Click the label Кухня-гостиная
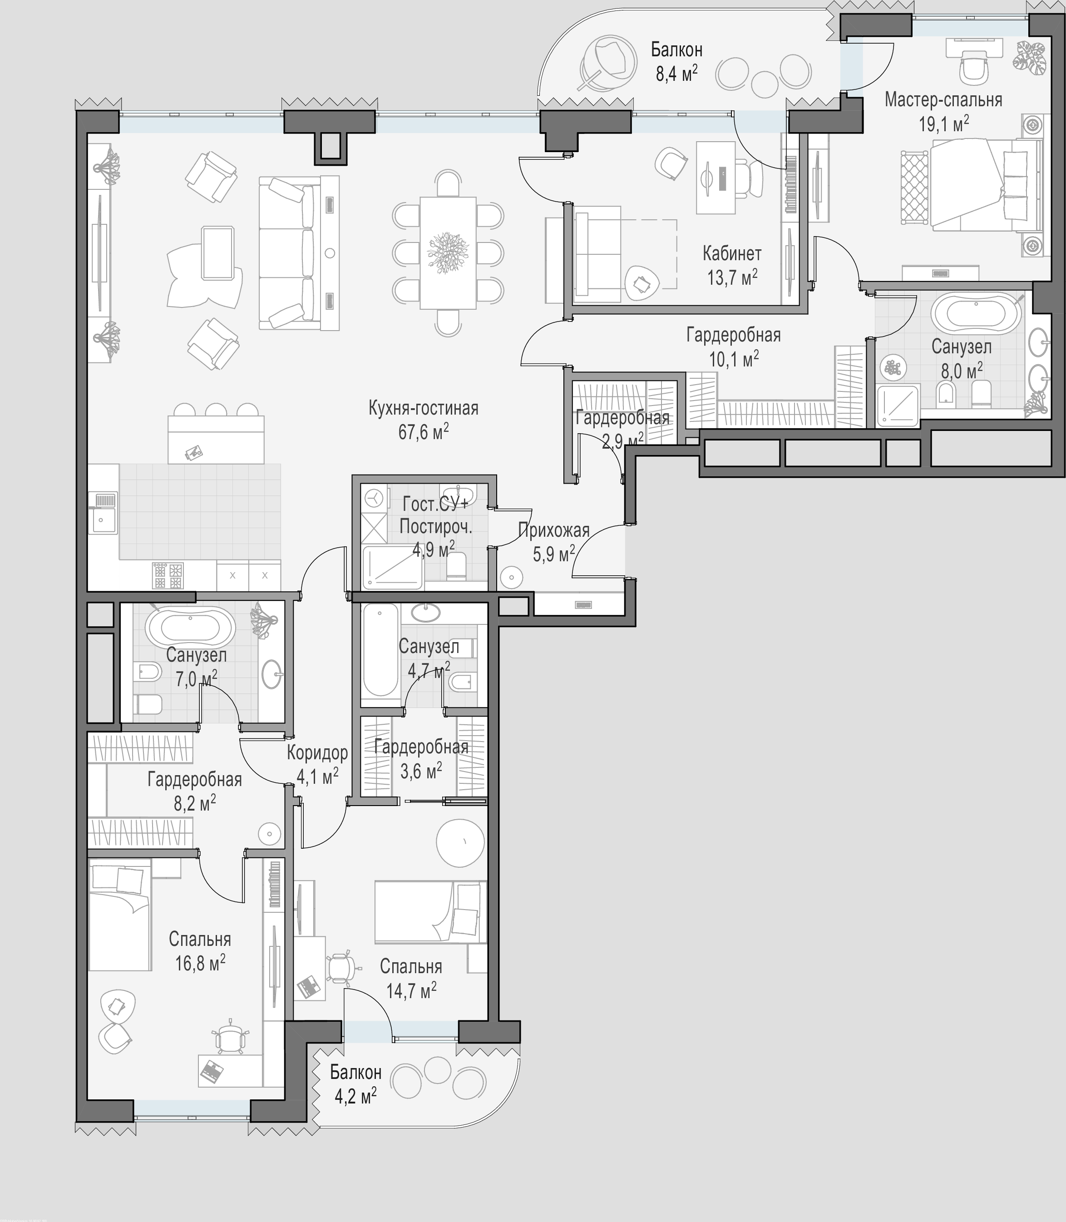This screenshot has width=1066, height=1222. point(423,408)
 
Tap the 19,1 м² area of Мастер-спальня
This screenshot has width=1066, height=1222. point(943,124)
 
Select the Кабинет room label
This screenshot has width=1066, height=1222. point(732,253)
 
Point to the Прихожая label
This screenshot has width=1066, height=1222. point(553,529)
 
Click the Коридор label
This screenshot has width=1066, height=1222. point(317,752)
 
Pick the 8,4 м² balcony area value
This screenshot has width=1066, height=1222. point(676,73)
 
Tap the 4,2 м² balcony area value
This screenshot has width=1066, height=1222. point(355,1095)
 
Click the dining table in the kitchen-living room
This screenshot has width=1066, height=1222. point(448,253)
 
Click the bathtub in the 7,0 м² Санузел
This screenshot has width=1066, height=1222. point(190,627)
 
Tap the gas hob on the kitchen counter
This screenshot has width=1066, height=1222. point(168,576)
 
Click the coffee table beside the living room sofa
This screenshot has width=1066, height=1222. point(217,253)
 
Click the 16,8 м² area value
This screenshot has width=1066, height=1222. point(200,962)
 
